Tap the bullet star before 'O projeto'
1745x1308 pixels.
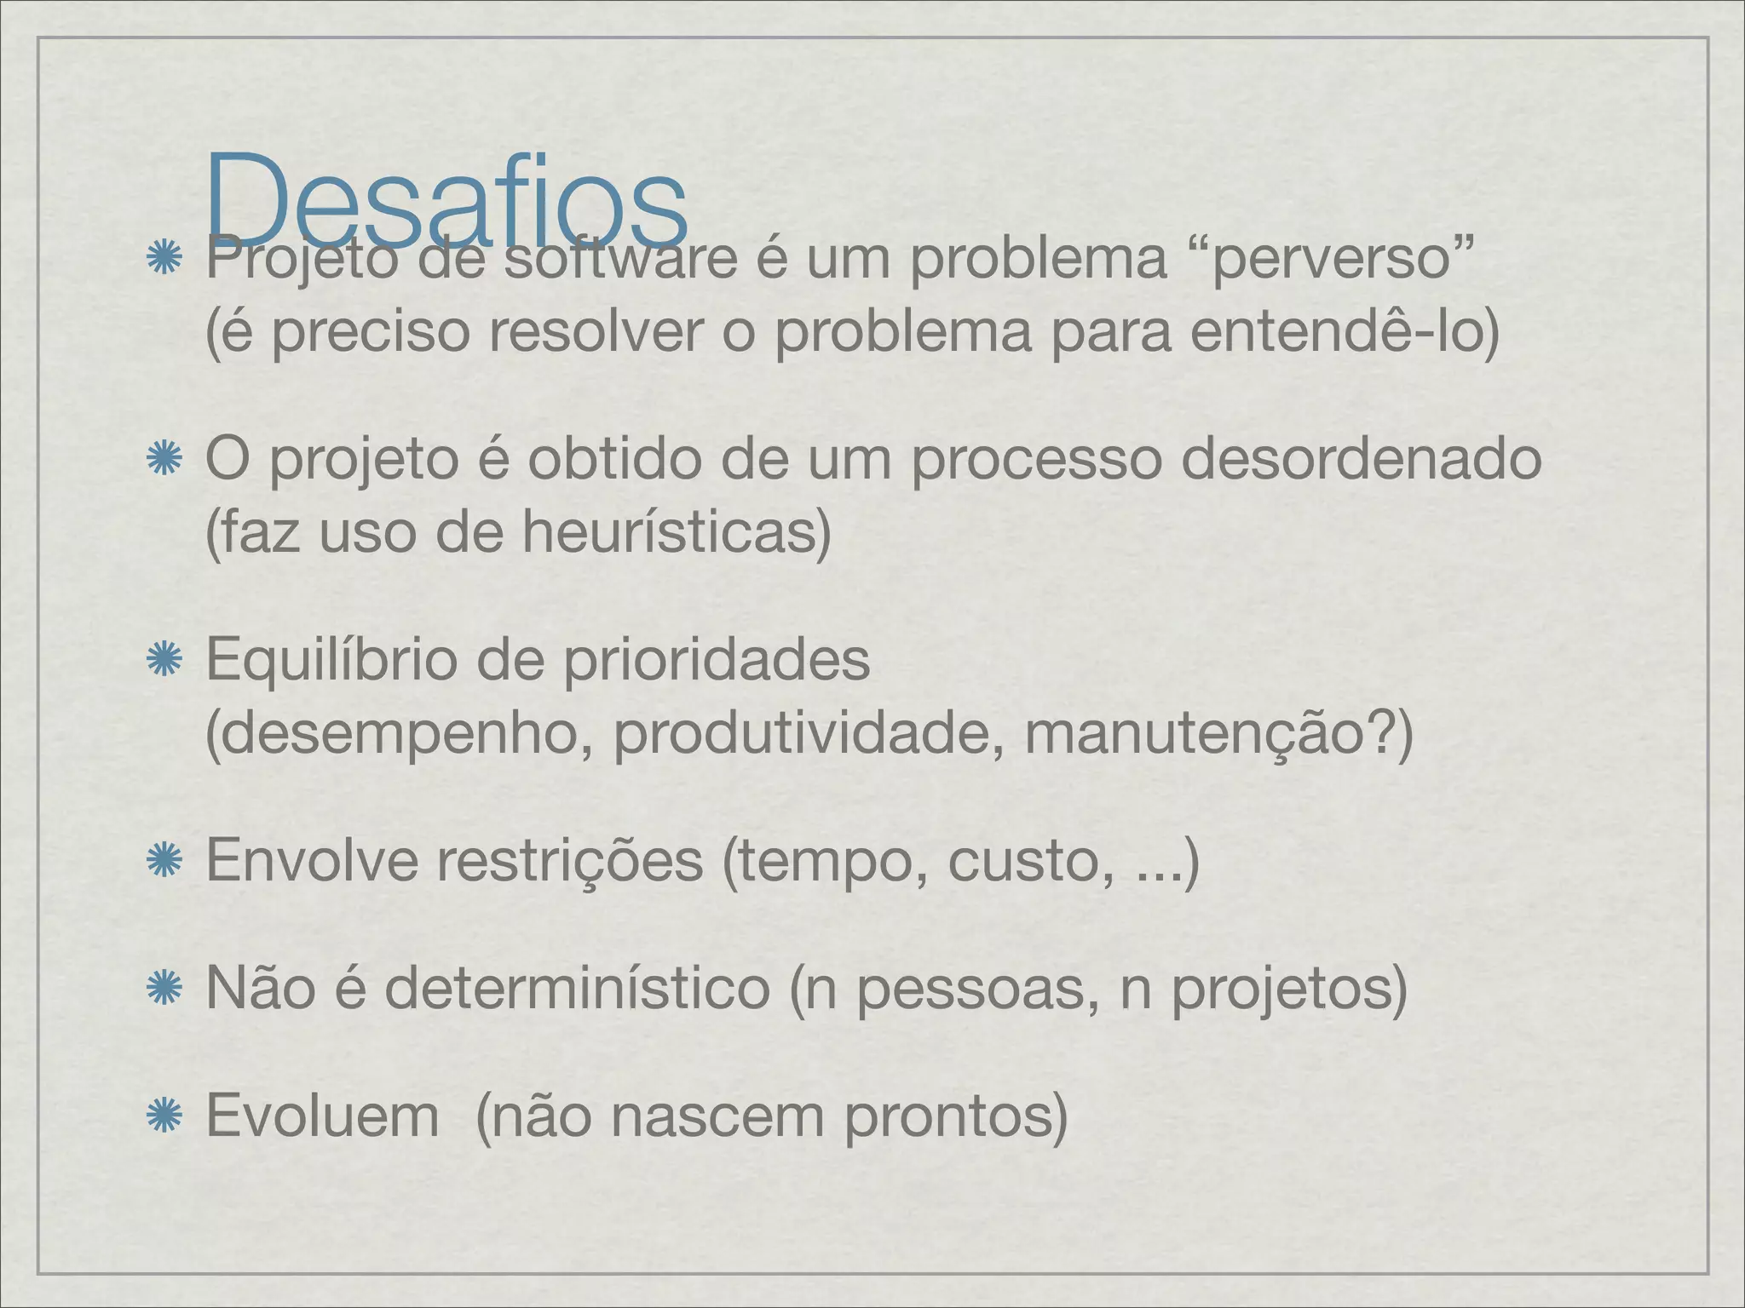click(159, 461)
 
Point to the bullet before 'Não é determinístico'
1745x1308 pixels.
click(159, 990)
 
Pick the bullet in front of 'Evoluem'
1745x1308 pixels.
click(159, 1116)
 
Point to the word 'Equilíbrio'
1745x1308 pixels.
click(331, 661)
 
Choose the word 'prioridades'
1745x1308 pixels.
click(717, 660)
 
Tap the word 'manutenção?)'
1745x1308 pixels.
click(1218, 735)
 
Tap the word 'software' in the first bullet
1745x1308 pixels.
click(619, 260)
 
